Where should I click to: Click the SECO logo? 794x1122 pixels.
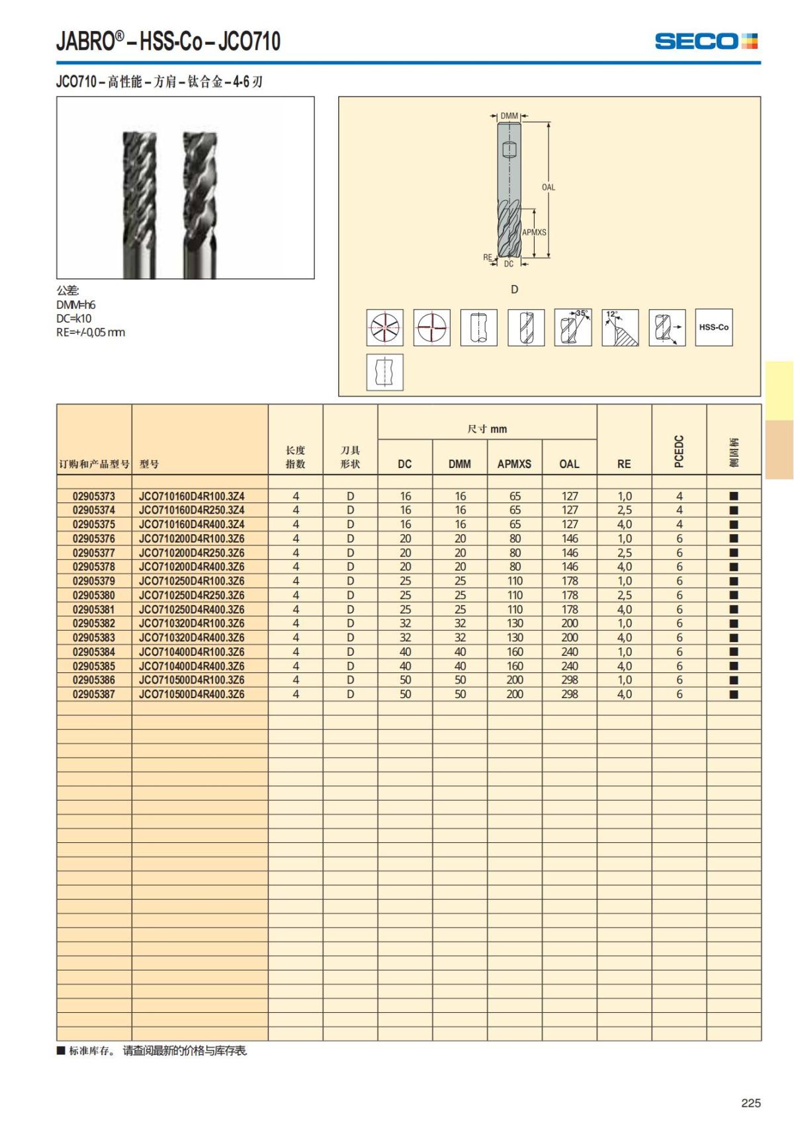705,41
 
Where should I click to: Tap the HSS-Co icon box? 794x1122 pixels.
713,327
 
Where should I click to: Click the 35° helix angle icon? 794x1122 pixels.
572,327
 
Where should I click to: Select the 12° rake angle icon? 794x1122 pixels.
620,327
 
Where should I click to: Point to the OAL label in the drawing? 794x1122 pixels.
549,187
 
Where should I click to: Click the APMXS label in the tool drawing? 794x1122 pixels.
534,232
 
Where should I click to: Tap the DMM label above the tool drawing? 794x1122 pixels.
509,116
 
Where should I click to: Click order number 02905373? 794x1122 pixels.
94,496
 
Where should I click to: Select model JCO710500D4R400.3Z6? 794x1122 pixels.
191,694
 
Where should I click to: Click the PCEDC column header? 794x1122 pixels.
679,451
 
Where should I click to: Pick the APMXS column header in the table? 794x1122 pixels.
514,464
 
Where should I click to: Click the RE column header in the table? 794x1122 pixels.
624,464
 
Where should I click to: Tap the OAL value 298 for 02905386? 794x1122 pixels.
569,680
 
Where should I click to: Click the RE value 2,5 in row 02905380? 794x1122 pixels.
624,595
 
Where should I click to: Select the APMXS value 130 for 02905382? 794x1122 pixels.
514,623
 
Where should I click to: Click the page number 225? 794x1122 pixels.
751,1103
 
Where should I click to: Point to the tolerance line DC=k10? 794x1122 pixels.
74,318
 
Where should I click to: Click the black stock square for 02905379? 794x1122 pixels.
733,581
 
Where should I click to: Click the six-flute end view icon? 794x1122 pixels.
385,327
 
